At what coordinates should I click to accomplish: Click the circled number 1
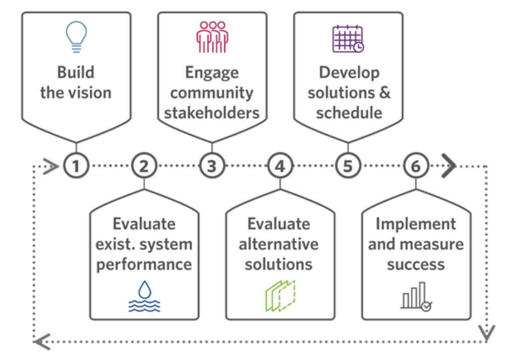(x=76, y=166)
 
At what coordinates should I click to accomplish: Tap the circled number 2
(x=144, y=166)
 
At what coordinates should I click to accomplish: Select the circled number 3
(x=212, y=166)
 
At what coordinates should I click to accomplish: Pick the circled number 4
(x=280, y=166)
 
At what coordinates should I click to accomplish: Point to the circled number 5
(x=348, y=166)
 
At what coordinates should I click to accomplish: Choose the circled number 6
(x=415, y=166)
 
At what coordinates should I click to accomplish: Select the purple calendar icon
(x=348, y=38)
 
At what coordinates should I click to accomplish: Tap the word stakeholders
(x=212, y=112)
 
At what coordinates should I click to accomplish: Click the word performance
(x=144, y=264)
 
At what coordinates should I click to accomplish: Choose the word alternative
(x=279, y=244)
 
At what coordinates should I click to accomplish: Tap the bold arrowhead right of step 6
(x=448, y=166)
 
